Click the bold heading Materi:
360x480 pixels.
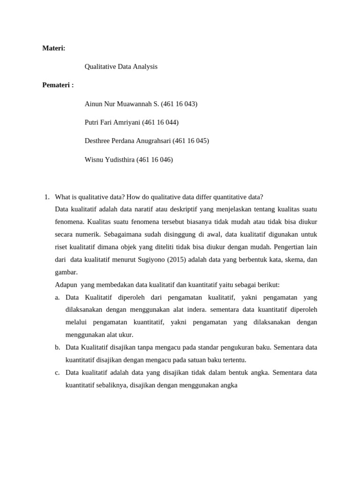point(54,48)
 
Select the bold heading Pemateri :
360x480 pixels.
point(58,85)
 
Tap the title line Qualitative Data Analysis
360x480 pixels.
point(121,67)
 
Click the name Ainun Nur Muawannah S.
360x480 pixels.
point(121,104)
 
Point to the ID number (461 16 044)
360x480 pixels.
point(160,122)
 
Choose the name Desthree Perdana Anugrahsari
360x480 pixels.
point(127,141)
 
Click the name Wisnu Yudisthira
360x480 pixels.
point(109,159)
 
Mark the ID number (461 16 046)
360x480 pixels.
point(155,159)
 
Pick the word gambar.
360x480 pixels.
point(66,272)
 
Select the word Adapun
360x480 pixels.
point(66,285)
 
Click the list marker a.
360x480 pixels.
point(57,297)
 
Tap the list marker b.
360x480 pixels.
point(57,347)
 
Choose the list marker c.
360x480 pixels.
point(57,373)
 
